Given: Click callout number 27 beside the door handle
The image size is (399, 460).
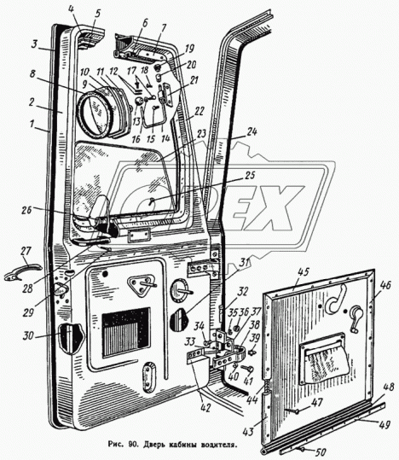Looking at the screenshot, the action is click(x=26, y=252).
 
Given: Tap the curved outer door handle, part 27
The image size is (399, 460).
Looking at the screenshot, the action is click(x=22, y=271).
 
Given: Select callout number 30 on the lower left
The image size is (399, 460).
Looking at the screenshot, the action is click(x=28, y=336).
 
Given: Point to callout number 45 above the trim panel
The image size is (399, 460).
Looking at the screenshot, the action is click(x=304, y=272).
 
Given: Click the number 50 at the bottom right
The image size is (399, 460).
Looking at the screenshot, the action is click(x=321, y=452).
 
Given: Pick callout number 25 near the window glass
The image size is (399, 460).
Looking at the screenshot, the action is click(x=250, y=175).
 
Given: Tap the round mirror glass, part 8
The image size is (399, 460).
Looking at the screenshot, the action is click(x=95, y=114).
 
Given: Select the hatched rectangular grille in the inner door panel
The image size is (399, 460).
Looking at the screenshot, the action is click(x=126, y=332).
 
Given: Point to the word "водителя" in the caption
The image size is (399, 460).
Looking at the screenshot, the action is click(x=219, y=445).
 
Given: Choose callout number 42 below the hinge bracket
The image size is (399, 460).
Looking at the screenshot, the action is click(x=205, y=407).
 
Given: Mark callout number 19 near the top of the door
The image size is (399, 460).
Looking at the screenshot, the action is click(x=189, y=49).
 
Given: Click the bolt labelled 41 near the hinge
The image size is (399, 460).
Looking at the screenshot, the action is click(x=247, y=368).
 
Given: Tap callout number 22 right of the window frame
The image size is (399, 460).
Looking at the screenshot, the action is click(x=199, y=112).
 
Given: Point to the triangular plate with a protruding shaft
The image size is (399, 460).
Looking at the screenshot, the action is click(x=142, y=283).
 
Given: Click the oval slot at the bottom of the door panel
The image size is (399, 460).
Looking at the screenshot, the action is click(x=149, y=377).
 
